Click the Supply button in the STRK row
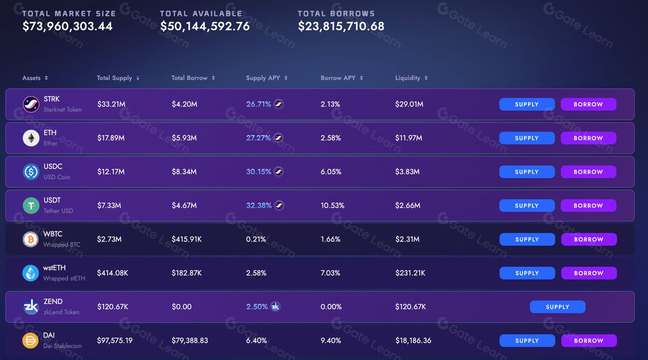click(x=527, y=105)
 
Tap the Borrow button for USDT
click(x=588, y=205)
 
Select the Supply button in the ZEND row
click(x=557, y=307)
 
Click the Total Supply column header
click(x=114, y=78)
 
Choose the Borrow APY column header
click(x=338, y=78)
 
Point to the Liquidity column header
click(x=408, y=78)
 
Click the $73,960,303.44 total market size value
click(x=67, y=27)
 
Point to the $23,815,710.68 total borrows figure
click(x=341, y=27)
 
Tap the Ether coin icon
click(x=31, y=138)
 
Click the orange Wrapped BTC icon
click(x=31, y=239)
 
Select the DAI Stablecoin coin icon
click(x=31, y=341)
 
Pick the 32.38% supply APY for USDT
click(x=259, y=205)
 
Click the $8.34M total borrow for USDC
click(x=184, y=172)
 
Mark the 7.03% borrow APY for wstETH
click(x=331, y=273)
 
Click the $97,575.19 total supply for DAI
click(x=115, y=341)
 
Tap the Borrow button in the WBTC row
click(x=589, y=239)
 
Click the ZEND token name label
click(x=53, y=301)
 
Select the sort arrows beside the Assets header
click(x=46, y=78)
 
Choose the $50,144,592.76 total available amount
click(x=205, y=27)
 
